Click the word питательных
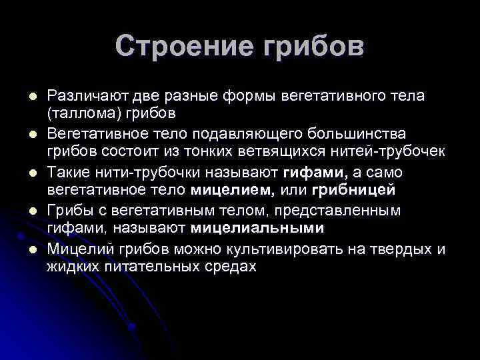click(x=147, y=266)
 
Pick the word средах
click(x=229, y=266)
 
